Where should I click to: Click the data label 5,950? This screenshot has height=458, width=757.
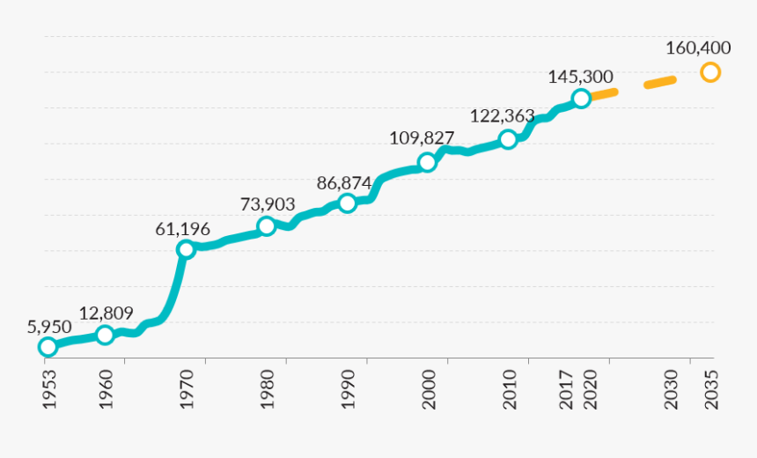pos(49,326)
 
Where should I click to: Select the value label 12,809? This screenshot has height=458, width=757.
pos(106,314)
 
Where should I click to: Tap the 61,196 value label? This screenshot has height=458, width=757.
pos(183,229)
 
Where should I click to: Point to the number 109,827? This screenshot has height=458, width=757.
pos(422,138)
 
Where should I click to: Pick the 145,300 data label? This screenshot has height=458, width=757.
pos(580,77)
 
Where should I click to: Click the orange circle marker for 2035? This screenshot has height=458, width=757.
pos(710,72)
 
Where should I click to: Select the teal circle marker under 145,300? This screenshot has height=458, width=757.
pos(581,99)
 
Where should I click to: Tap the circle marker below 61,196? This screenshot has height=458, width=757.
pos(186,249)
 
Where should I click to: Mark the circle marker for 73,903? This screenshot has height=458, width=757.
pos(267,226)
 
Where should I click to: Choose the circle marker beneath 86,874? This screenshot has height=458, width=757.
pos(348,203)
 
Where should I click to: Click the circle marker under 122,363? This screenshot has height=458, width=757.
pos(508,139)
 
